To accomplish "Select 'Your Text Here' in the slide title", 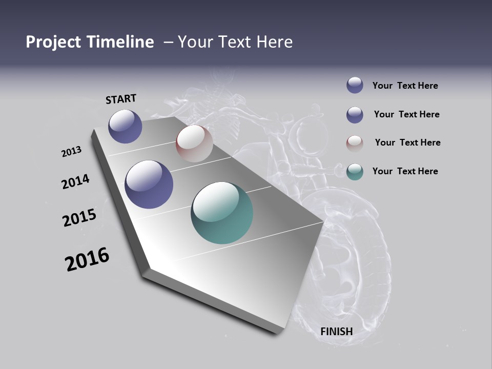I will pyautogui.click(x=235, y=42).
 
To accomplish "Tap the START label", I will pyautogui.click(x=121, y=99).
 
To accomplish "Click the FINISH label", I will pyautogui.click(x=336, y=332).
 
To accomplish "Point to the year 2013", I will pyautogui.click(x=71, y=152).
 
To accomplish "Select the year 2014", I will pyautogui.click(x=75, y=182).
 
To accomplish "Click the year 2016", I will pyautogui.click(x=87, y=259).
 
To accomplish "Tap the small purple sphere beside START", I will pyautogui.click(x=125, y=126).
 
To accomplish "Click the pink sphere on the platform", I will pyautogui.click(x=194, y=143).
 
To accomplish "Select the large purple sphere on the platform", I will pyautogui.click(x=149, y=184).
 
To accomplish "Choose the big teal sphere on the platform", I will pyautogui.click(x=222, y=213).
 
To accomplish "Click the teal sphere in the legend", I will pyautogui.click(x=355, y=172).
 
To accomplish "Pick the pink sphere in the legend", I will pyautogui.click(x=355, y=143).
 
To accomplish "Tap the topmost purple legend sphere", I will pyautogui.click(x=355, y=85).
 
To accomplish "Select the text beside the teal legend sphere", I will pyautogui.click(x=405, y=171).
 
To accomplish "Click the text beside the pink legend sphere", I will pyautogui.click(x=407, y=142).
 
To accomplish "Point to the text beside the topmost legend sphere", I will pyautogui.click(x=405, y=86).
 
